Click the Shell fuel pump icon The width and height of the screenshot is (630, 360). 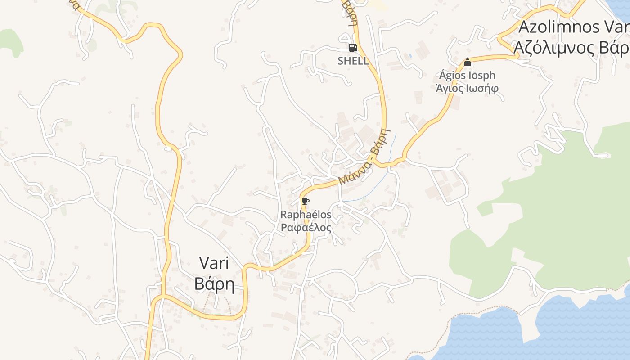(353, 47)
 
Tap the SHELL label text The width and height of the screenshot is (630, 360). (353, 61)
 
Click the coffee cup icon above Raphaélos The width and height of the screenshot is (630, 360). (306, 201)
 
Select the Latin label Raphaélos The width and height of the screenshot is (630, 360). (306, 215)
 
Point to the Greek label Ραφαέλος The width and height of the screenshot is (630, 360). (306, 228)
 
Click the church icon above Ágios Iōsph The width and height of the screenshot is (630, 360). (468, 62)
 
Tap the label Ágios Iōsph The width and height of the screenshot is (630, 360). (467, 75)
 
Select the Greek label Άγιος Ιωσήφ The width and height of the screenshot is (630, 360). (467, 88)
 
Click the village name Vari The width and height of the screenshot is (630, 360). (214, 263)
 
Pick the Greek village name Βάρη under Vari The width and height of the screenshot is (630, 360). (214, 284)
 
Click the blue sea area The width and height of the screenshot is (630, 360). (562, 333)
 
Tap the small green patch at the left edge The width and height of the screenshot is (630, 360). (11, 43)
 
